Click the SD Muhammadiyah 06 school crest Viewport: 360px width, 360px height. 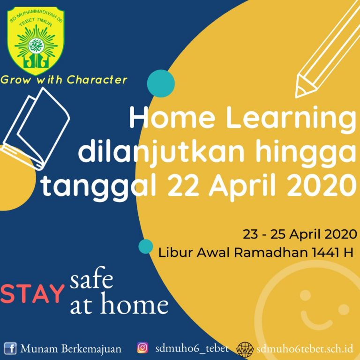pos(36,41)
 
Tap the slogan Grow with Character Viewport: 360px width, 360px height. pos(64,80)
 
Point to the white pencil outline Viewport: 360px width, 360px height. pos(327,49)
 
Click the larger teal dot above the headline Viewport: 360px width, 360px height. pos(161,83)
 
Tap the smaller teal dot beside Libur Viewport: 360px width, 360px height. pos(146,247)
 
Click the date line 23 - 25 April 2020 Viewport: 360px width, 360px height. pos(300,234)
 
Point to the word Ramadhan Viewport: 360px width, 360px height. pos(271,253)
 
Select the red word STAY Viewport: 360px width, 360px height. pos(32,294)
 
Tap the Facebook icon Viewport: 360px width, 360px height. pos(10,348)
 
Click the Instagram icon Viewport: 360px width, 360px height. pos(142,348)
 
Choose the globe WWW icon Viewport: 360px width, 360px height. pos(245,350)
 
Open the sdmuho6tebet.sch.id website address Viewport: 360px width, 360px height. pos(305,349)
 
